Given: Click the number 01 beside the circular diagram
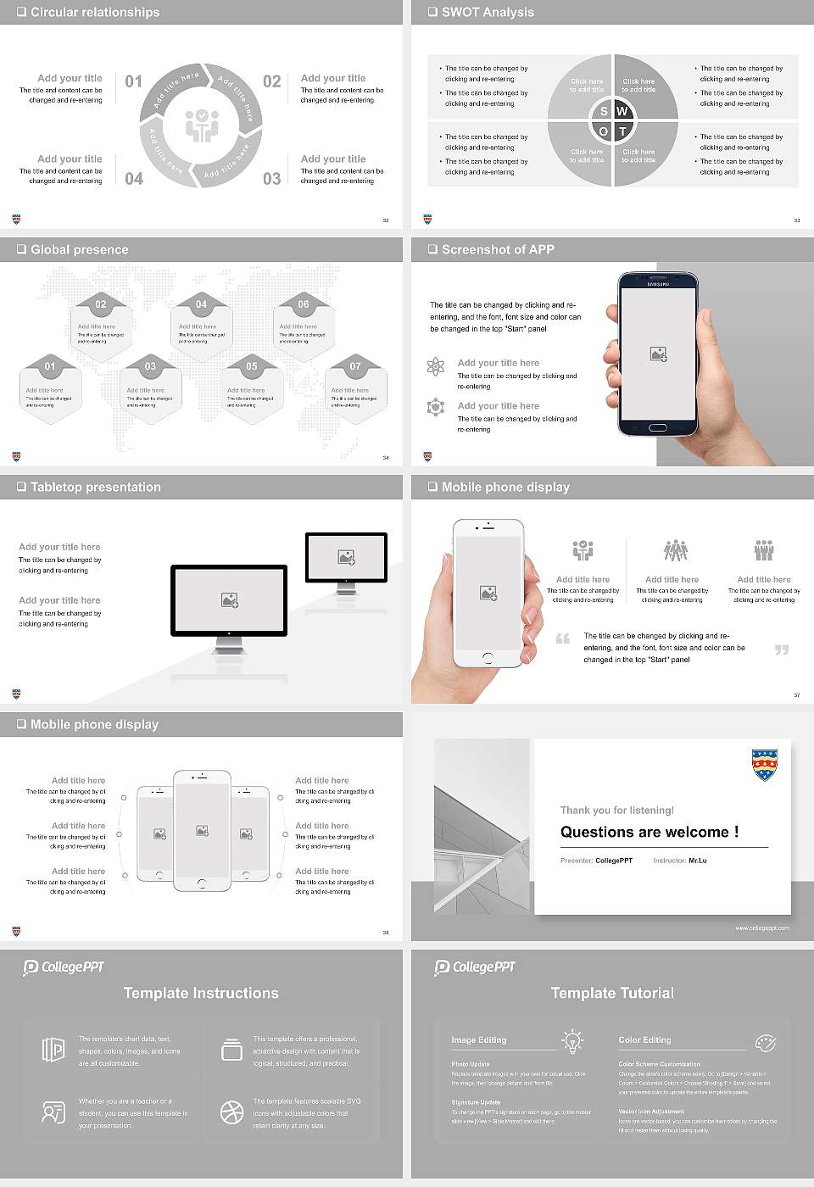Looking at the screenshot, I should [134, 81].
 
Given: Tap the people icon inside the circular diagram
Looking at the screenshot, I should [202, 125].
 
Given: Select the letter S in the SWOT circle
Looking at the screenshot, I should [604, 111].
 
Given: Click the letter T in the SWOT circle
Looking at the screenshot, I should [622, 131].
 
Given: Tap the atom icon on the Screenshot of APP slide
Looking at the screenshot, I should [436, 366].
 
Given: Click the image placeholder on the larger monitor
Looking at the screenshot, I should [229, 600].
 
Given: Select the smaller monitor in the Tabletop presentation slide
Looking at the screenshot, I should [346, 560].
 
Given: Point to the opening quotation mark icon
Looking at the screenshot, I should [563, 638].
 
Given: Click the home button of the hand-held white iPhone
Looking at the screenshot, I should [488, 657].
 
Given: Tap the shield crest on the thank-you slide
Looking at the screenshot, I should [765, 764].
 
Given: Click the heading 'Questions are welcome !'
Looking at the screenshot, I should [650, 832].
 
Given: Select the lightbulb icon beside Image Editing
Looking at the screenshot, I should [573, 1040].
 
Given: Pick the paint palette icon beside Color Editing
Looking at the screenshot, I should [765, 1042].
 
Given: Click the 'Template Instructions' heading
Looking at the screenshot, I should [201, 993].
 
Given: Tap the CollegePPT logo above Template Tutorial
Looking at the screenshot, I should [475, 967].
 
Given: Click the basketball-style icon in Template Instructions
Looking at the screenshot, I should [231, 1112].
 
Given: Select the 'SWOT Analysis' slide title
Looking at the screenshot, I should [488, 12].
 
